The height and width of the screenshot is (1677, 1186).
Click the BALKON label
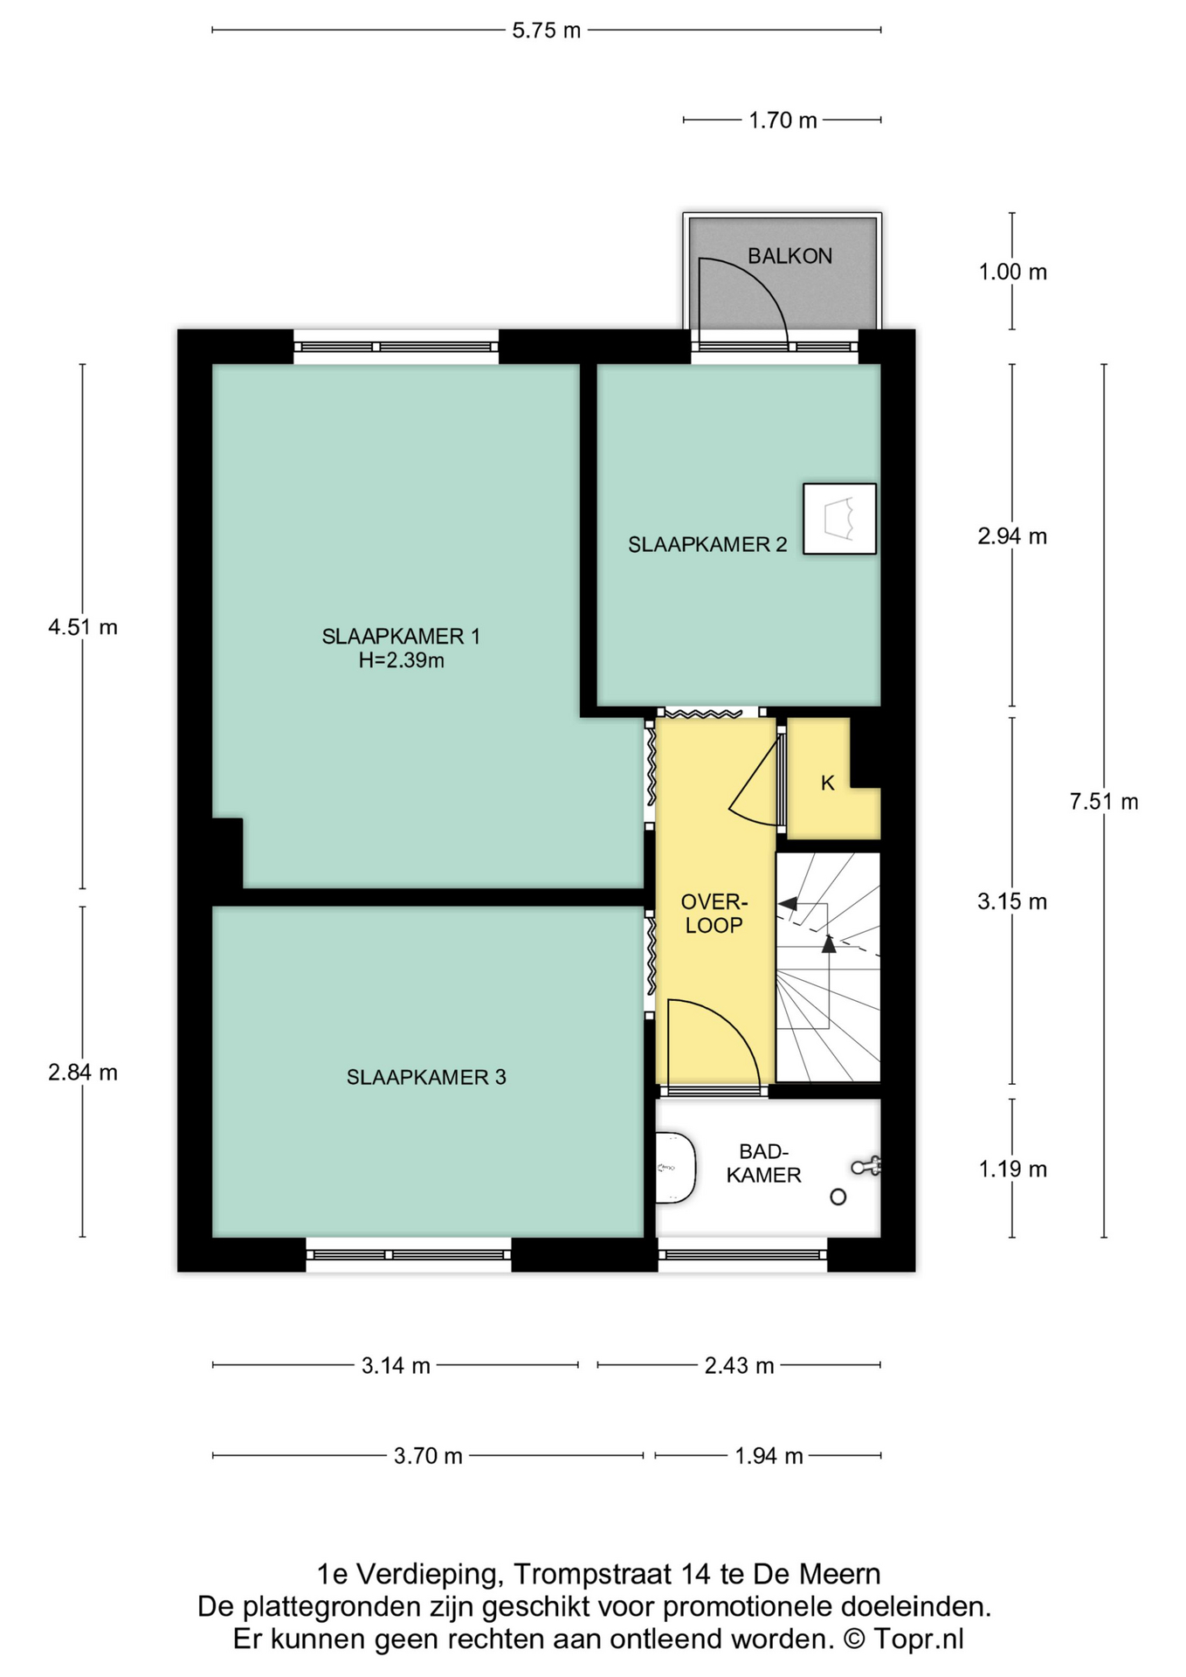(790, 256)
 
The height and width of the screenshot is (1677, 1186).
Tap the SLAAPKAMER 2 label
(707, 545)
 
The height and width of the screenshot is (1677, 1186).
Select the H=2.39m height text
(401, 661)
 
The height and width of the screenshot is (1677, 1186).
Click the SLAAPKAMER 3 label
(426, 1078)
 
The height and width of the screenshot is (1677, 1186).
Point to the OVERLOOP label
(714, 914)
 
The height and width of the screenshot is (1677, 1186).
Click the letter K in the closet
(827, 783)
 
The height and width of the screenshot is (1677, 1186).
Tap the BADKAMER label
(763, 1163)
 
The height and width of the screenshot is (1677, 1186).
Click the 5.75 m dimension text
(546, 31)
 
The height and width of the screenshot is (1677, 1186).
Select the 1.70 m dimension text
(783, 121)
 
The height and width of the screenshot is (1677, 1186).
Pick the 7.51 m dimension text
(1104, 801)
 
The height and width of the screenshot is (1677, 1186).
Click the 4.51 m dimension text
(83, 627)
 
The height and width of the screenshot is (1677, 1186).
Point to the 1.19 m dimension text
(1012, 1169)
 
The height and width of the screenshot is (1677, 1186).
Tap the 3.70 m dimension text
(428, 1456)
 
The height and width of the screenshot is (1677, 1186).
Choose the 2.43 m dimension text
(739, 1365)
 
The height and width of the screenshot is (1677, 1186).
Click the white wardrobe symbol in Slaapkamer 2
(839, 519)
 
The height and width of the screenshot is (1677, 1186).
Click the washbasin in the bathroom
(673, 1168)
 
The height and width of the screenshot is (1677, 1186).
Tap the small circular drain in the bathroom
(838, 1197)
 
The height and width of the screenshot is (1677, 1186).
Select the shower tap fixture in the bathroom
(866, 1166)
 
